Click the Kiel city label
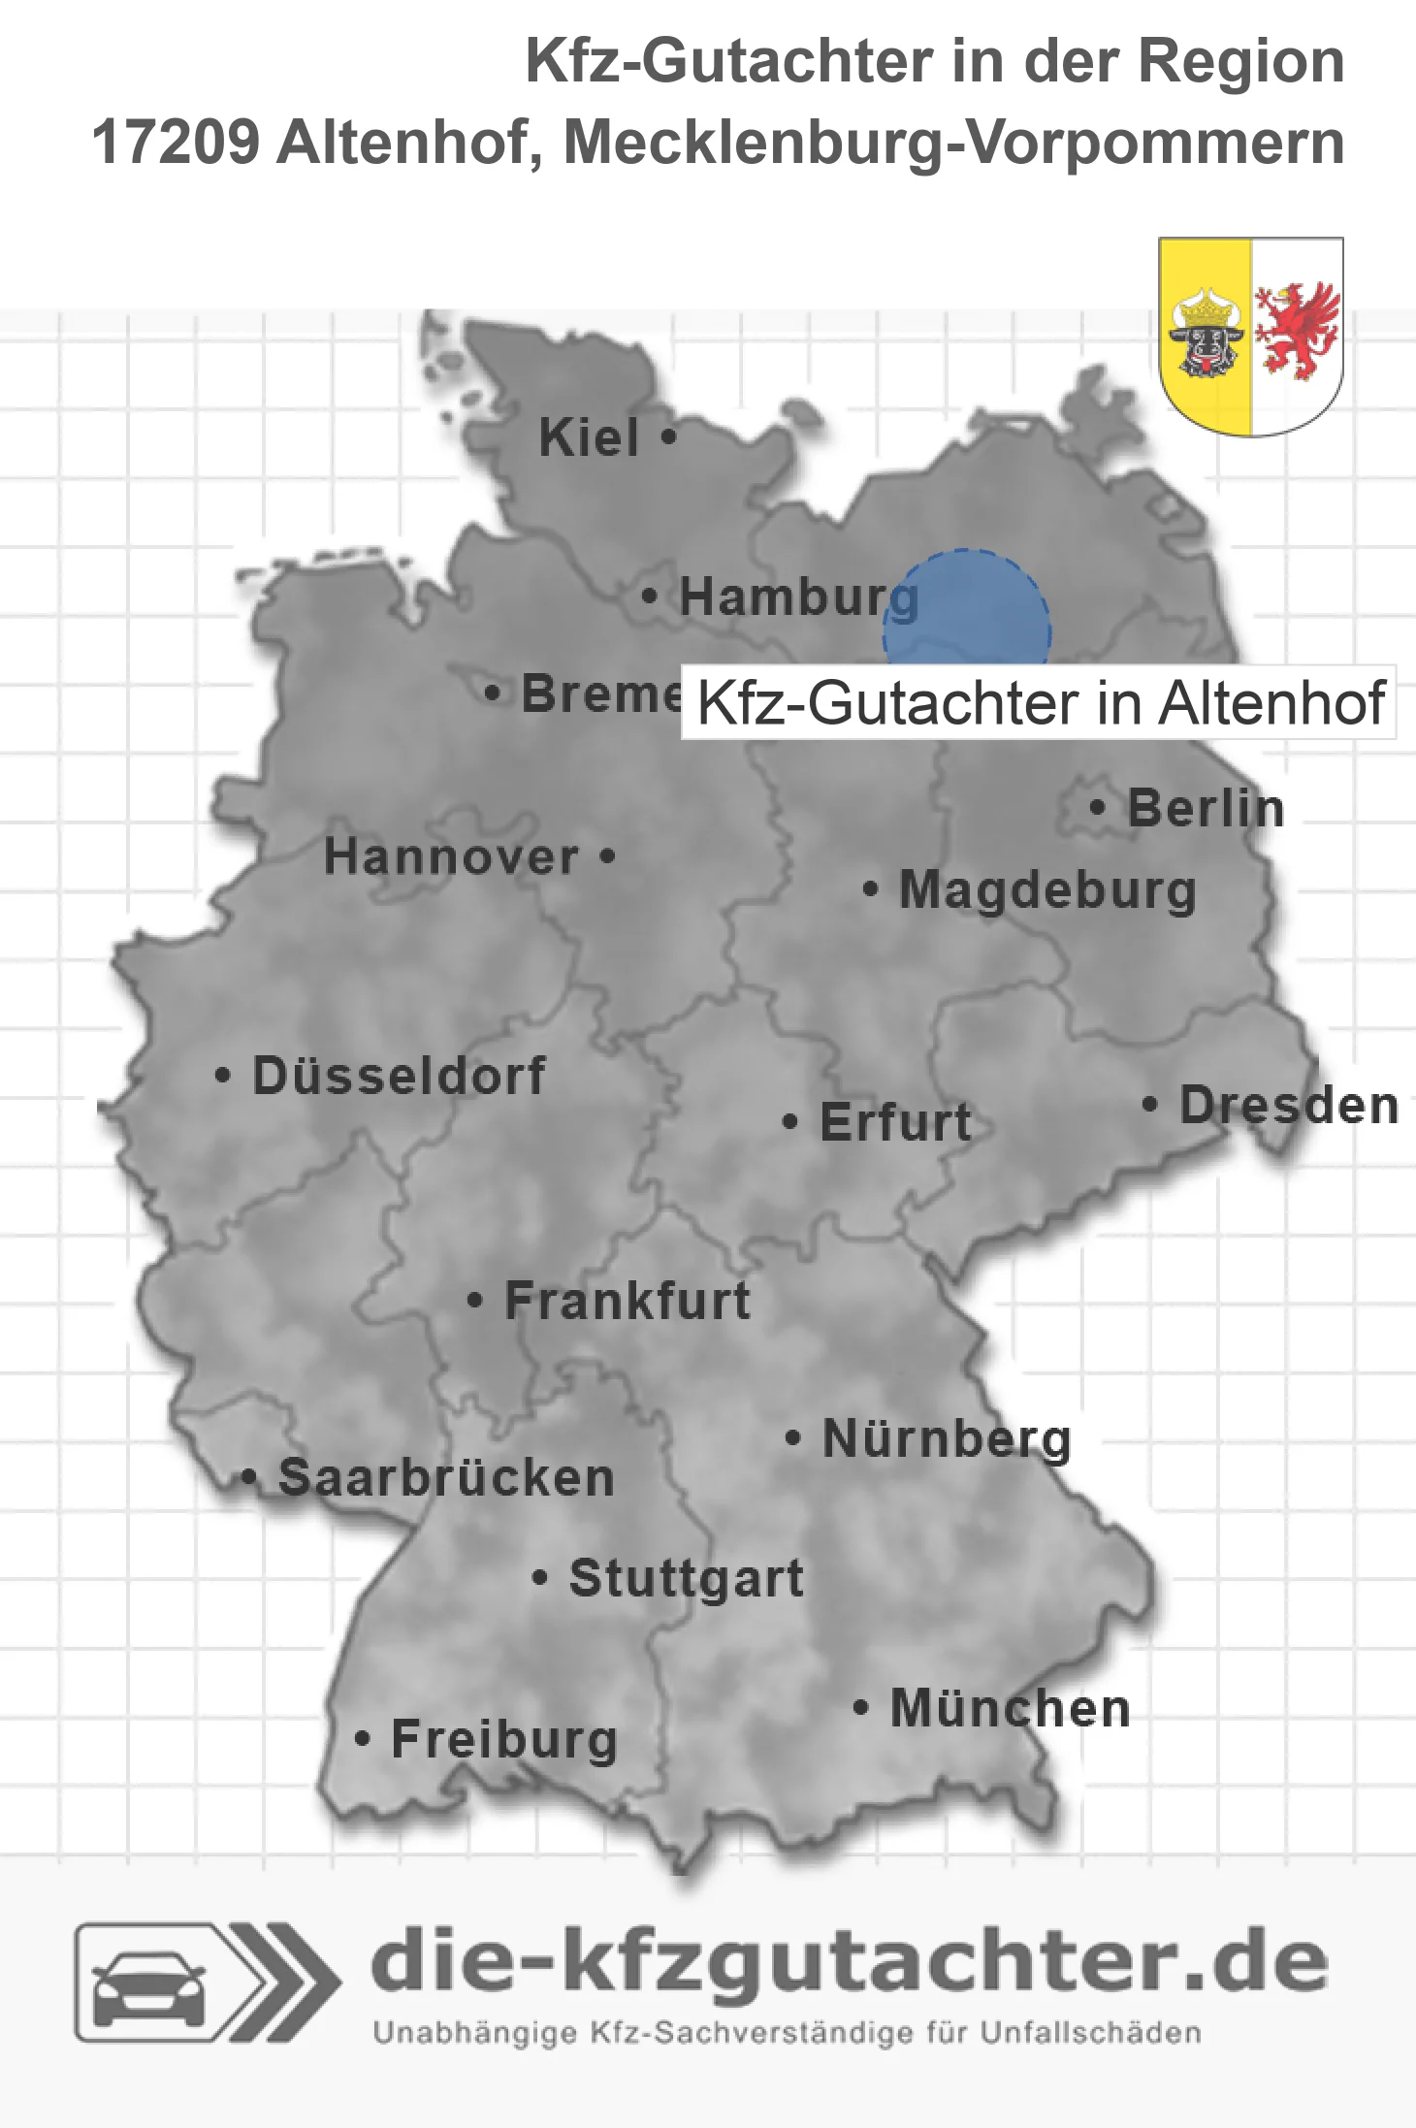[x=589, y=437]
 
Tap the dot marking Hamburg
[x=650, y=596]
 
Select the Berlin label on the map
[x=1206, y=808]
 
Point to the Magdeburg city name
[x=1047, y=890]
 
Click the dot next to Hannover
[x=607, y=856]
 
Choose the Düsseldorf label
[x=399, y=1076]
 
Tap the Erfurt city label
[x=895, y=1122]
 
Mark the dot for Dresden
[x=1149, y=1104]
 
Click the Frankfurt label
[x=628, y=1301]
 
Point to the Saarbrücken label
[x=446, y=1478]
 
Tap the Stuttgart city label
[x=686, y=1578]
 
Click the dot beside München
[x=860, y=1707]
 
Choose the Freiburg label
[x=504, y=1740]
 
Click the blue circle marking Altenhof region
[x=967, y=609]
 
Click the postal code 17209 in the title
[x=176, y=143]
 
